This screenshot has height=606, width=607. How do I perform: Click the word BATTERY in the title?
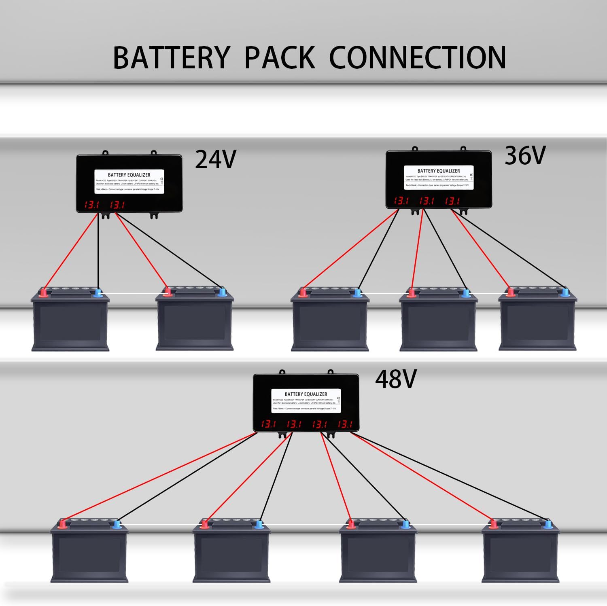coord(171,58)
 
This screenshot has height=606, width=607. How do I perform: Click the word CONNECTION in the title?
coord(417,58)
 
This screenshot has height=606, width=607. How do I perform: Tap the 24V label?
coord(215,159)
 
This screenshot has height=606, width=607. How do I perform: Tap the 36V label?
coord(525,155)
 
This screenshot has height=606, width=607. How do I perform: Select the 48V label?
coord(395,379)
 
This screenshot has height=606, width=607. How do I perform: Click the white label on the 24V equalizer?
coord(129,182)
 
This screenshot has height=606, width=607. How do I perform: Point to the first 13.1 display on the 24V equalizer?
coord(91,205)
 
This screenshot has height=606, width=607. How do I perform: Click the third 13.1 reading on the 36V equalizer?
coord(452,201)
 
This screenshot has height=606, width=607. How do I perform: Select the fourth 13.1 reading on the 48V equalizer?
coord(345,424)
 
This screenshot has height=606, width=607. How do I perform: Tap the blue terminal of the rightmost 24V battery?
coord(222,292)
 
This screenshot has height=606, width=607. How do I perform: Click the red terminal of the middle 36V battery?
coord(412,292)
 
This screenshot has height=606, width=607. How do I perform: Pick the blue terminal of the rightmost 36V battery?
coord(565,292)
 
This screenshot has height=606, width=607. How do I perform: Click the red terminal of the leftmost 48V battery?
coord(63,524)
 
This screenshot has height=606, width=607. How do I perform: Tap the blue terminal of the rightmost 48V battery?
coord(548,525)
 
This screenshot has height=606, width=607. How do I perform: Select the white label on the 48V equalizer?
coord(306,401)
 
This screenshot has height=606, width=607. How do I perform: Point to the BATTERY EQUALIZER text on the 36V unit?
coord(439,171)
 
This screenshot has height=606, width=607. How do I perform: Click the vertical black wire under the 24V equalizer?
coord(98,251)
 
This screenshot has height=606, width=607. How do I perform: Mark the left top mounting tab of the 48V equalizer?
coord(282,372)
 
